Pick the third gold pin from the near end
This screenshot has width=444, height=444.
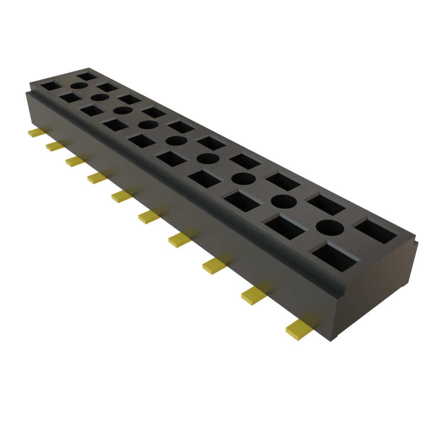[214, 265]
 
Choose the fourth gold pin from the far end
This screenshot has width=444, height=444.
[97, 177]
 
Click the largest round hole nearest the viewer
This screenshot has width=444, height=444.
[330, 226]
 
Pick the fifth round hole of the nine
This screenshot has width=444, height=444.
[176, 141]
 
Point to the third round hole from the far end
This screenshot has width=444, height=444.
[122, 110]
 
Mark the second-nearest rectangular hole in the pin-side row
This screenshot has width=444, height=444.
[284, 226]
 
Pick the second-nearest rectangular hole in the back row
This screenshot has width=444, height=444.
[326, 204]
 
